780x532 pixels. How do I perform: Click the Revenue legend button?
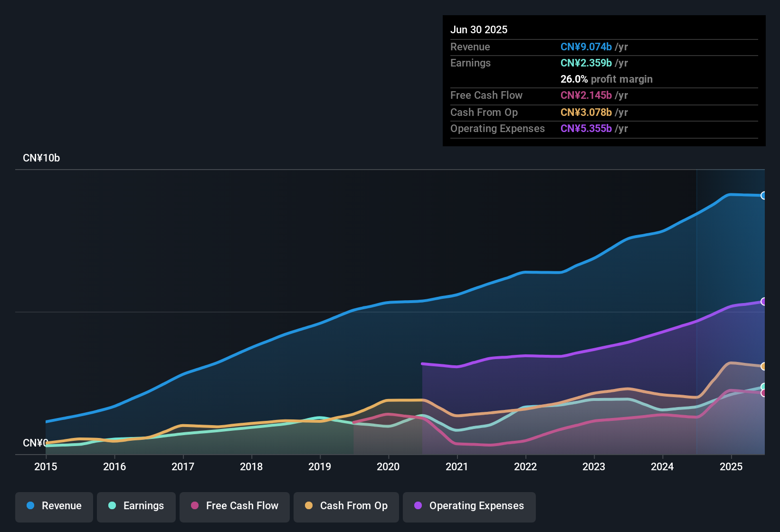tap(54, 506)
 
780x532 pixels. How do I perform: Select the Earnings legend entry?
tap(136, 506)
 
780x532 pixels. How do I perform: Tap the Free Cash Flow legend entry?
tap(235, 506)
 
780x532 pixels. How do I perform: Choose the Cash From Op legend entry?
tap(346, 506)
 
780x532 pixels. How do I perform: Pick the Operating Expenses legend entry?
tap(469, 506)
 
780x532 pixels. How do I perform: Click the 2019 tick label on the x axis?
tap(320, 466)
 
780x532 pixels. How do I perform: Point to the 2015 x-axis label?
tap(46, 466)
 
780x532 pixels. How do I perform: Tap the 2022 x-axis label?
tap(525, 466)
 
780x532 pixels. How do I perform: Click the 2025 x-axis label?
tap(731, 466)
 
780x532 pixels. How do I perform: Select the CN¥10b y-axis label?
tap(41, 158)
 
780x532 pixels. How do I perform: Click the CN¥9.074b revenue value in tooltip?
tap(586, 47)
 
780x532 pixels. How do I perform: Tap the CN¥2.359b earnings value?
tap(586, 63)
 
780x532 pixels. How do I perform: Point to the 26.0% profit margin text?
tap(606, 79)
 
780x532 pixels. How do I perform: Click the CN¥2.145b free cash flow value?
tap(586, 95)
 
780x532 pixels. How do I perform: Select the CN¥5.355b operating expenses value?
tap(586, 129)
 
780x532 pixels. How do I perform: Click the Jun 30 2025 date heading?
tap(479, 30)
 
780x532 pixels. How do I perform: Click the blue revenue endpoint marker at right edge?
tap(763, 196)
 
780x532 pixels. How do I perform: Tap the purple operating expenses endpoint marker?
tap(763, 302)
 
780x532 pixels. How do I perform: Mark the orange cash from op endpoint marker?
tap(763, 366)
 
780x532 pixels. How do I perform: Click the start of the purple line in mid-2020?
tap(423, 364)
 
